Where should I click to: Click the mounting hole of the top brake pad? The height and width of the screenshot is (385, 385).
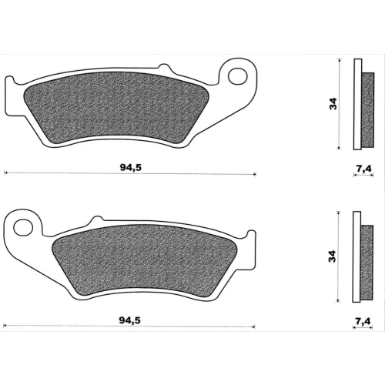pyautogui.click(x=238, y=76)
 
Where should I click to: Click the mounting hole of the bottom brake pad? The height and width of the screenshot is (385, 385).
pyautogui.click(x=23, y=228)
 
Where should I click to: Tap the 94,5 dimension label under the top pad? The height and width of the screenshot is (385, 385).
pyautogui.click(x=131, y=168)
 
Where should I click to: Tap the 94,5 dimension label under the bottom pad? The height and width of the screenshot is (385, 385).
pyautogui.click(x=129, y=320)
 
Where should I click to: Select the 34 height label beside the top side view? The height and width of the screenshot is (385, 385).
pyautogui.click(x=333, y=104)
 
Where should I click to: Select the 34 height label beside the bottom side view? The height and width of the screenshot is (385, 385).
pyautogui.click(x=332, y=256)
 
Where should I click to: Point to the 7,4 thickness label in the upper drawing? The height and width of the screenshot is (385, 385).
pyautogui.click(x=363, y=169)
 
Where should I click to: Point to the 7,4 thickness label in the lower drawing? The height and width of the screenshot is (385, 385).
pyautogui.click(x=363, y=321)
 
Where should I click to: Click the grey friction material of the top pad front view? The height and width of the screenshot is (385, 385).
pyautogui.click(x=116, y=108)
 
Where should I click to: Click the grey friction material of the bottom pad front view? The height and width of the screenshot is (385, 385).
pyautogui.click(x=144, y=259)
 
